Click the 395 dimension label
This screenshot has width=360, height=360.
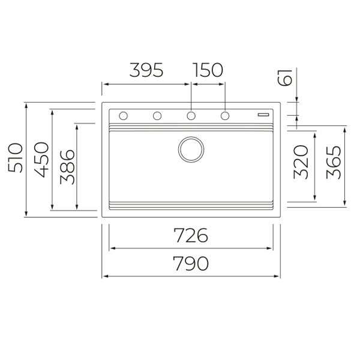[x=146, y=70]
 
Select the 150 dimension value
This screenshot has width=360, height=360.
[x=208, y=70]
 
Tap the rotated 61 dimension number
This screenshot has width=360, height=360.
[x=286, y=77]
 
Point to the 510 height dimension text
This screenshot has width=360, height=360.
[x=16, y=158]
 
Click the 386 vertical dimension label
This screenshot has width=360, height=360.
[x=67, y=166]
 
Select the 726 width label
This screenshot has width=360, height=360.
[x=191, y=236]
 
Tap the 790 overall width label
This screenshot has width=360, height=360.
[x=191, y=263]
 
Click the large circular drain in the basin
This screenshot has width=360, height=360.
[x=191, y=149]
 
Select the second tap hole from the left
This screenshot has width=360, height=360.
[x=157, y=115]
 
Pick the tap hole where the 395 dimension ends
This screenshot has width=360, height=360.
[x=191, y=115]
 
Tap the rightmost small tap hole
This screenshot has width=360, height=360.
[x=226, y=115]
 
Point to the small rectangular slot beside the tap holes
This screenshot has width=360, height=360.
[x=263, y=113]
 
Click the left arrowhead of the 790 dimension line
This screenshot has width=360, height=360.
[x=105, y=276]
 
